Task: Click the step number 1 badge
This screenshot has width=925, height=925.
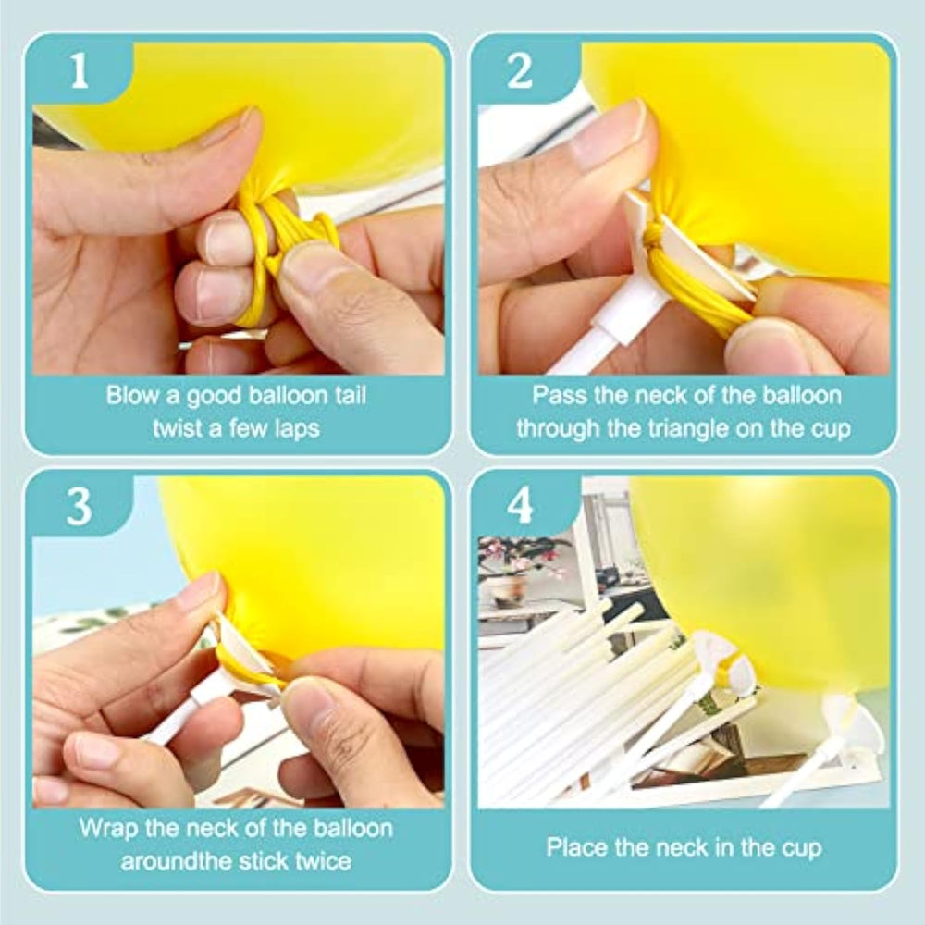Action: (79, 71)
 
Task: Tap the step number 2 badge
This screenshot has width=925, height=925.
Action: (520, 71)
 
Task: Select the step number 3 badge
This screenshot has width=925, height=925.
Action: (79, 506)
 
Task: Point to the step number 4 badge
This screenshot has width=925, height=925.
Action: (520, 506)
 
